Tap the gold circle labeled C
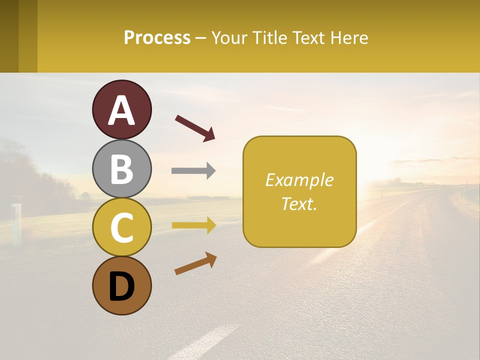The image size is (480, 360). click(x=121, y=227)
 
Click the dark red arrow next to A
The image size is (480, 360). click(x=195, y=128)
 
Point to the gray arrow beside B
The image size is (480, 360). click(x=193, y=170)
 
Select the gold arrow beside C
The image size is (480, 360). click(x=193, y=225)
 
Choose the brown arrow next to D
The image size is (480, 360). click(x=195, y=263)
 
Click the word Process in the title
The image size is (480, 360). click(x=157, y=37)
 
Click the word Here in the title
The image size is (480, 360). click(x=349, y=37)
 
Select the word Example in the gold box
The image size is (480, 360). click(x=299, y=180)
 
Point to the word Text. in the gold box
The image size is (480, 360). click(x=299, y=203)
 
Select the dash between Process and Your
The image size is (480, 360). click(x=201, y=38)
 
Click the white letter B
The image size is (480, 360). click(x=121, y=169)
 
